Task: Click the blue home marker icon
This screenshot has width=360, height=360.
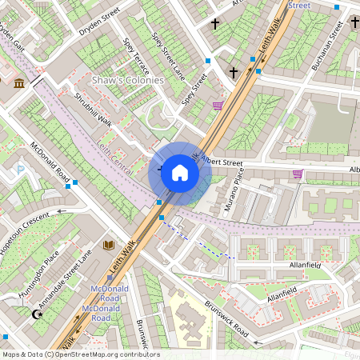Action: coord(180,173)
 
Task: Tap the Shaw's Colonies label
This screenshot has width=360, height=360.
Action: coord(128,81)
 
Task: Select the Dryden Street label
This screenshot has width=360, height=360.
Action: coord(99,22)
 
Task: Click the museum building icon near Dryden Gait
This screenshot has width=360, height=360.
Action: coord(19,83)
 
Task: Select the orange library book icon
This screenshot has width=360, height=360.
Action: coord(109,245)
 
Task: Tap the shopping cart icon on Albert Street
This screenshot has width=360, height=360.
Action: coord(298,174)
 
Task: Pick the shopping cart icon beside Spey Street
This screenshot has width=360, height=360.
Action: coord(218,105)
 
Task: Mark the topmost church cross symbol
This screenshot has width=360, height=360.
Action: coord(215,24)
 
